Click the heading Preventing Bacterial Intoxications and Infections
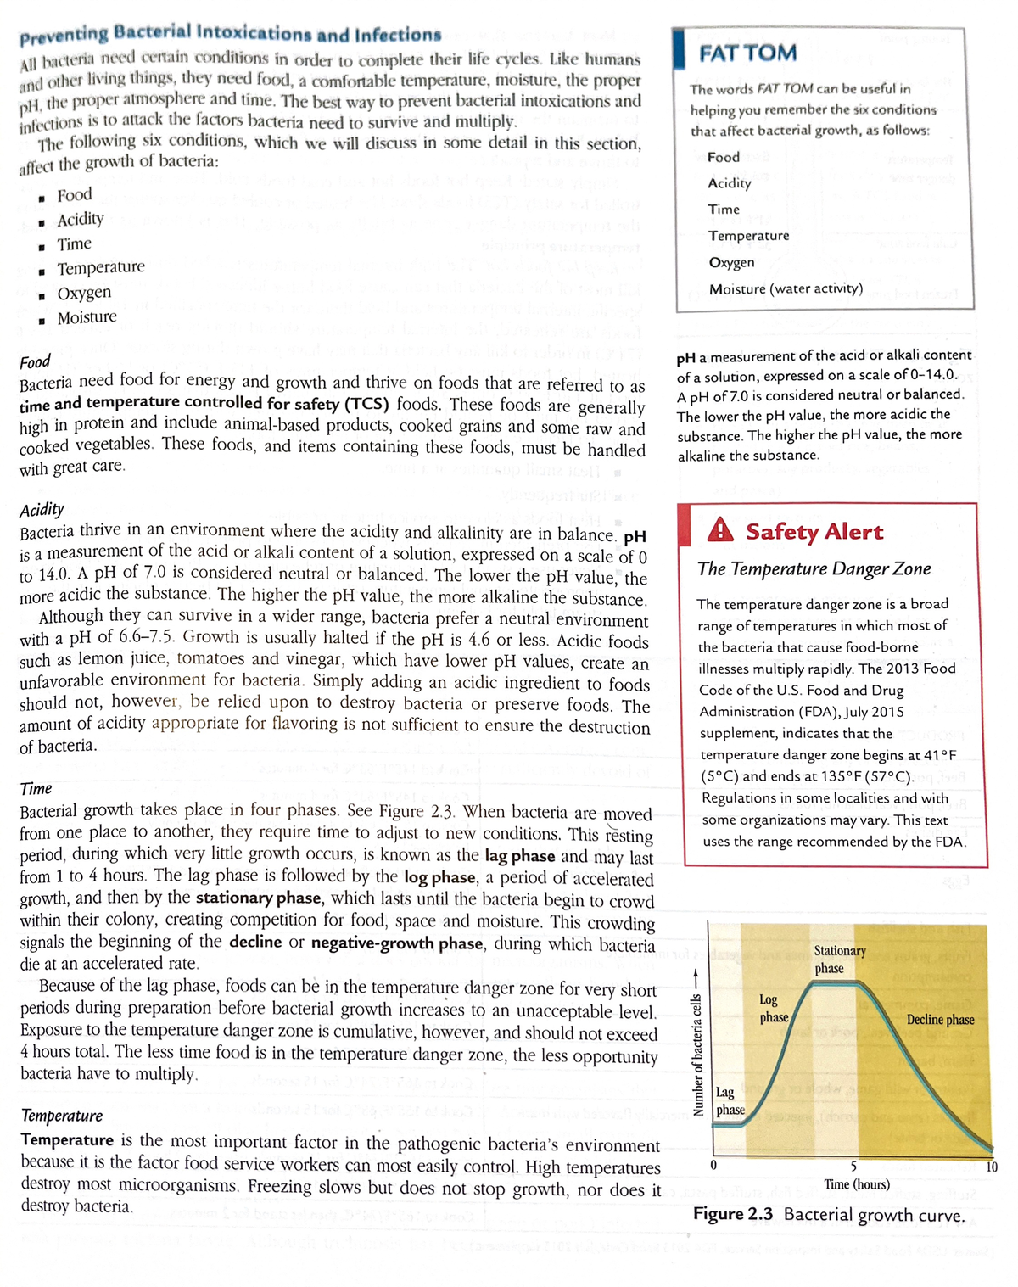(230, 35)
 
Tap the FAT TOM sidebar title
(747, 53)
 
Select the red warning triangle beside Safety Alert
(720, 530)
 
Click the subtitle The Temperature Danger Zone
(814, 568)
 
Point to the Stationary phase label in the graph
(839, 960)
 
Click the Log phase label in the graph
(773, 1009)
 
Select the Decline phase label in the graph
(940, 1019)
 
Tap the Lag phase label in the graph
(730, 1101)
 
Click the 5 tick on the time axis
(853, 1167)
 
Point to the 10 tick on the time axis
(992, 1167)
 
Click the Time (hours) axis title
(857, 1184)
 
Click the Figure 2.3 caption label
(732, 1214)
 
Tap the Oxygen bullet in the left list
(84, 293)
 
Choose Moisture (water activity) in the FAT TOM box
(786, 288)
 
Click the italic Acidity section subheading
(42, 509)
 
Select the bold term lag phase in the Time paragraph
(519, 856)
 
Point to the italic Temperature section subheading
(61, 1115)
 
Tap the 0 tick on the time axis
(713, 1165)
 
